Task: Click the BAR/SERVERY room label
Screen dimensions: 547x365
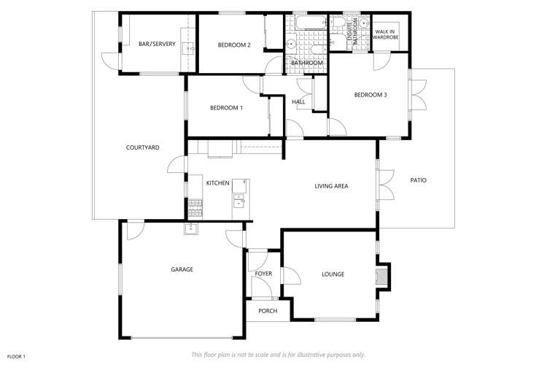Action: tap(157, 44)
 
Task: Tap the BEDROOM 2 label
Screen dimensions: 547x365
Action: tap(234, 45)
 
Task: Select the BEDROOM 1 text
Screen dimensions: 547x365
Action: tap(226, 108)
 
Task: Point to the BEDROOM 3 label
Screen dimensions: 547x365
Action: tap(371, 95)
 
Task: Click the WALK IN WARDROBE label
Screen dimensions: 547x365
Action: tap(386, 34)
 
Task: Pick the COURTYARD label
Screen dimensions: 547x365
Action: tap(143, 147)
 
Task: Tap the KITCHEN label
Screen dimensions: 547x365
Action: tap(217, 183)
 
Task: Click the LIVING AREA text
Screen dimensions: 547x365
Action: tap(331, 186)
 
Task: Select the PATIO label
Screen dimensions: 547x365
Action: tap(419, 180)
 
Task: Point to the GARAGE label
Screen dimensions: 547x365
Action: tap(182, 269)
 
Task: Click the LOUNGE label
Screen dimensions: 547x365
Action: tap(333, 274)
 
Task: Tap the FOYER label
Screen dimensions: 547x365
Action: tap(263, 274)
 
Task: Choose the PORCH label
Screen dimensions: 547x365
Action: tap(268, 311)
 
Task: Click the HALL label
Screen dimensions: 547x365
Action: tap(298, 101)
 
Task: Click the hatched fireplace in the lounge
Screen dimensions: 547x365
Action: tap(381, 276)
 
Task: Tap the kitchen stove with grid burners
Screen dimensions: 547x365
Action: tap(195, 208)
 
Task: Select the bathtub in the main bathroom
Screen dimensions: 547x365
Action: tap(311, 23)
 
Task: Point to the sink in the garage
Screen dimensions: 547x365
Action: tap(191, 228)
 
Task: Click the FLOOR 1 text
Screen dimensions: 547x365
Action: tap(16, 357)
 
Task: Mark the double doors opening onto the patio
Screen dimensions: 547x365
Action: tap(387, 185)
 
